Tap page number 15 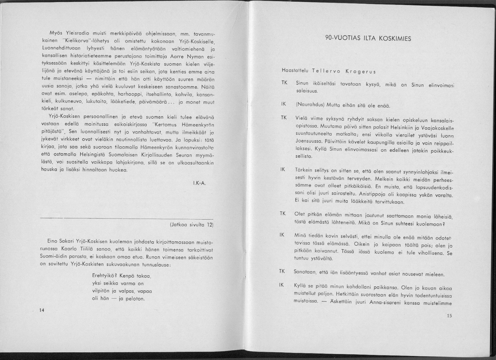[449, 316]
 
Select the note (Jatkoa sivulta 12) [191, 225]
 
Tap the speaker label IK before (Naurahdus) [284, 104]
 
